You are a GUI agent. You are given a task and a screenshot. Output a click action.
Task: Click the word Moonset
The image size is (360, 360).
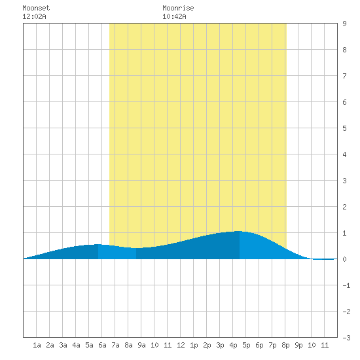coord(36,8)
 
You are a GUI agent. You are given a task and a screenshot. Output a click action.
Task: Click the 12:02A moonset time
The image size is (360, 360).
coord(34,16)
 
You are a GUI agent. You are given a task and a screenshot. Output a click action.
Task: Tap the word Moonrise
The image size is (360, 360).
coord(178,8)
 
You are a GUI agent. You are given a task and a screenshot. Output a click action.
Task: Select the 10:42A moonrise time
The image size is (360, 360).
coord(174,16)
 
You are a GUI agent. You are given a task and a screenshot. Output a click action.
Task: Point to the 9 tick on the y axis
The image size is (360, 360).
coord(344,24)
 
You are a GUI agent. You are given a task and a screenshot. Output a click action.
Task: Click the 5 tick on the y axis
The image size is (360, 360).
coord(344,128)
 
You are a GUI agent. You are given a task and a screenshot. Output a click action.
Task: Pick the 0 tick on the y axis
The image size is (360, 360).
coord(344,259)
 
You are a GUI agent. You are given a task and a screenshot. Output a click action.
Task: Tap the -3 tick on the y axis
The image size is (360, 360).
coord(346,338)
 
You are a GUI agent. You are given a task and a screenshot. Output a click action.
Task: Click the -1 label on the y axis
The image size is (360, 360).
coord(346,285)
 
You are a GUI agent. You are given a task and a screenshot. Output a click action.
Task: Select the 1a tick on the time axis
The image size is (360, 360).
coord(37,345)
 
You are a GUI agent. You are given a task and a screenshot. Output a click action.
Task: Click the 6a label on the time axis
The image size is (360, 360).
coord(102,345)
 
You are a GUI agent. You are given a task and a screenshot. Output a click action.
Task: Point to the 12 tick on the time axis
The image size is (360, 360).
coord(181,345)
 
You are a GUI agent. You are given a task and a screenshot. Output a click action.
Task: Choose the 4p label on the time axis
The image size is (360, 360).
coord(233,345)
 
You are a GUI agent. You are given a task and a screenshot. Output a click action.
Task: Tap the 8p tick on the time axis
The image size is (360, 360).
coord(285,345)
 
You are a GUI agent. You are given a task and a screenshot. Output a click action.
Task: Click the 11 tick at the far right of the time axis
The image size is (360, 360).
coord(325,345)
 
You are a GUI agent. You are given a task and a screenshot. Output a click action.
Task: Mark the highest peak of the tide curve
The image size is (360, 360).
coord(239,231)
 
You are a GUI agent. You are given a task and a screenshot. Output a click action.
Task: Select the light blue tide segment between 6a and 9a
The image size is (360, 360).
coord(117,252)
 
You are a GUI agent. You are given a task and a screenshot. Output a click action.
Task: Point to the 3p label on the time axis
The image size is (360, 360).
coord(220,345)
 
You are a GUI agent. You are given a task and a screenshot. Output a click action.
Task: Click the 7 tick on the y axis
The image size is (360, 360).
coord(344,76)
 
